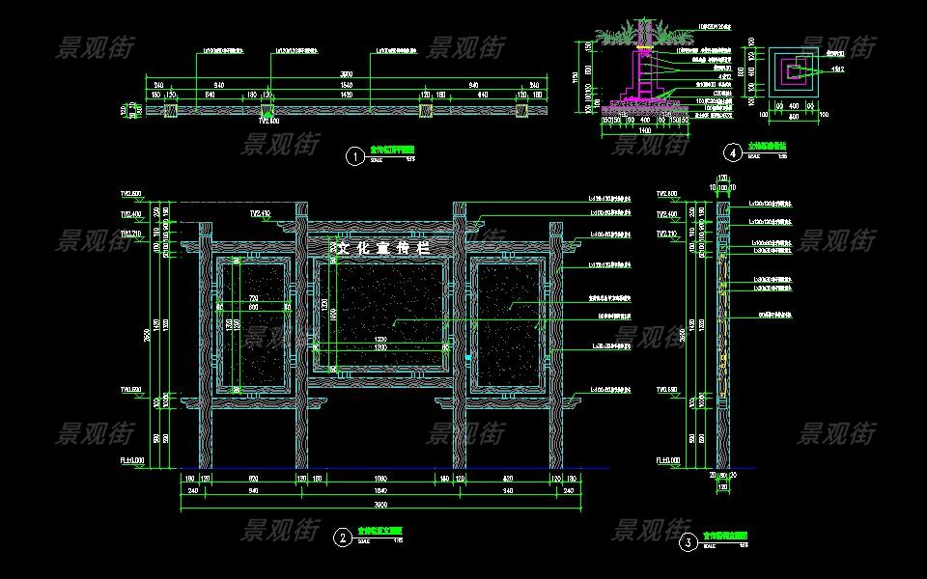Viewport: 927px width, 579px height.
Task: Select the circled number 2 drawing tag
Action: point(342,538)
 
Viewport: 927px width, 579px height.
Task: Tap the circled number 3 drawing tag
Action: point(688,542)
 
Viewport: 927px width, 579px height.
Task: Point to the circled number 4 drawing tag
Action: point(734,152)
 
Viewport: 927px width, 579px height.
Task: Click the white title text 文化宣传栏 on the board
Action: point(380,248)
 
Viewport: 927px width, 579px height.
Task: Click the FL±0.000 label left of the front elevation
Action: point(131,461)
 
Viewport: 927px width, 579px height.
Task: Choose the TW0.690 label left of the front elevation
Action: point(130,390)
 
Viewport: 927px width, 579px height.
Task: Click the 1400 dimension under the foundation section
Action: point(641,128)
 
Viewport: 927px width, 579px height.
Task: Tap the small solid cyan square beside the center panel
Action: point(467,358)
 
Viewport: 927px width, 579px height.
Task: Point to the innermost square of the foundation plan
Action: point(794,70)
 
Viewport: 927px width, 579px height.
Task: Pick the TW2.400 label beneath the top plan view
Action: point(268,122)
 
